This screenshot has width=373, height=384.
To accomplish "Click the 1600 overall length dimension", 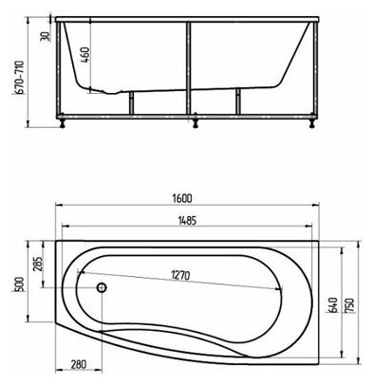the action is click(x=182, y=198).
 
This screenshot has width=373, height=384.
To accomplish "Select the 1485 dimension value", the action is click(x=186, y=220).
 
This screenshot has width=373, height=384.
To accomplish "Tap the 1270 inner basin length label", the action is click(x=180, y=275).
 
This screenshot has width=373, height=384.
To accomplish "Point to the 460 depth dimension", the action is click(x=85, y=54).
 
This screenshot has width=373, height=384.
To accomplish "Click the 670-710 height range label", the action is click(x=19, y=77).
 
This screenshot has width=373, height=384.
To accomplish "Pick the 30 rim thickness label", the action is click(x=45, y=36).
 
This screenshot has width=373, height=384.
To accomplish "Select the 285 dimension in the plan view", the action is click(x=37, y=264).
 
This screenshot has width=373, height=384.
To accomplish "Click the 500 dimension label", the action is click(x=20, y=283).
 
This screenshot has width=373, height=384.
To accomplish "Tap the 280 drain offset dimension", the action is click(x=77, y=364).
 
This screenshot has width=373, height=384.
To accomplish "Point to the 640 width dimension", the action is click(x=333, y=304).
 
